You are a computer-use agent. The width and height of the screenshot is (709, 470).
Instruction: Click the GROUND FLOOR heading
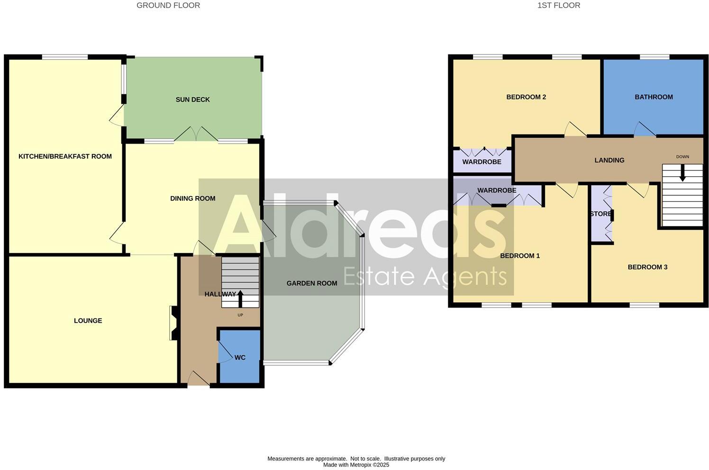pos(168,6)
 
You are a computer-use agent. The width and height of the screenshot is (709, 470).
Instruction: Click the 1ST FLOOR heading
pos(559,6)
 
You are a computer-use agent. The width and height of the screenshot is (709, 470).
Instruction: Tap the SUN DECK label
pos(192,99)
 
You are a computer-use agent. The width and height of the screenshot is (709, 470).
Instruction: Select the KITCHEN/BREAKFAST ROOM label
pos(65,156)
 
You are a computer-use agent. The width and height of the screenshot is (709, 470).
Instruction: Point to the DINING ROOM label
pos(192,199)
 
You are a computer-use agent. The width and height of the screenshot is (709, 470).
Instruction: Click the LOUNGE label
pos(88,321)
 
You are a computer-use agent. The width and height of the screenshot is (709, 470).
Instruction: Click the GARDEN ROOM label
pos(311,283)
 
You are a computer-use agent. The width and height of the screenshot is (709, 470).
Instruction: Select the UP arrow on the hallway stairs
pos(240,299)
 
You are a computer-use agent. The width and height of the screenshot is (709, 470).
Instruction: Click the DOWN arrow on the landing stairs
pos(682,172)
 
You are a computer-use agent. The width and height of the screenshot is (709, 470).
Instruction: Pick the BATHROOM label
pos(654,97)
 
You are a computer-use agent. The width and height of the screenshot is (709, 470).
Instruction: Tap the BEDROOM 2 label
pos(526,97)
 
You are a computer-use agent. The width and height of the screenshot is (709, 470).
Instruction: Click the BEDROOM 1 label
pos(520,256)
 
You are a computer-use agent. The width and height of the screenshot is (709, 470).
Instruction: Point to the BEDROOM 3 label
pos(647,267)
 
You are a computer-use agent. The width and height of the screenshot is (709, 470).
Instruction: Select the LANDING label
pos(609,160)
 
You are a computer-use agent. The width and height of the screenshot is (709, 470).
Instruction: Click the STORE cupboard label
pos(600,214)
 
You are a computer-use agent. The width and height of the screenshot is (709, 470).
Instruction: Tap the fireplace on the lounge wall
pos(173,323)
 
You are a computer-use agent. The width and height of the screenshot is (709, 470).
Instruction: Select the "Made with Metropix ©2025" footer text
pos(356,465)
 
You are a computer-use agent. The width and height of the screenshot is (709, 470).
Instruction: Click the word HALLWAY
pos(220,294)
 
